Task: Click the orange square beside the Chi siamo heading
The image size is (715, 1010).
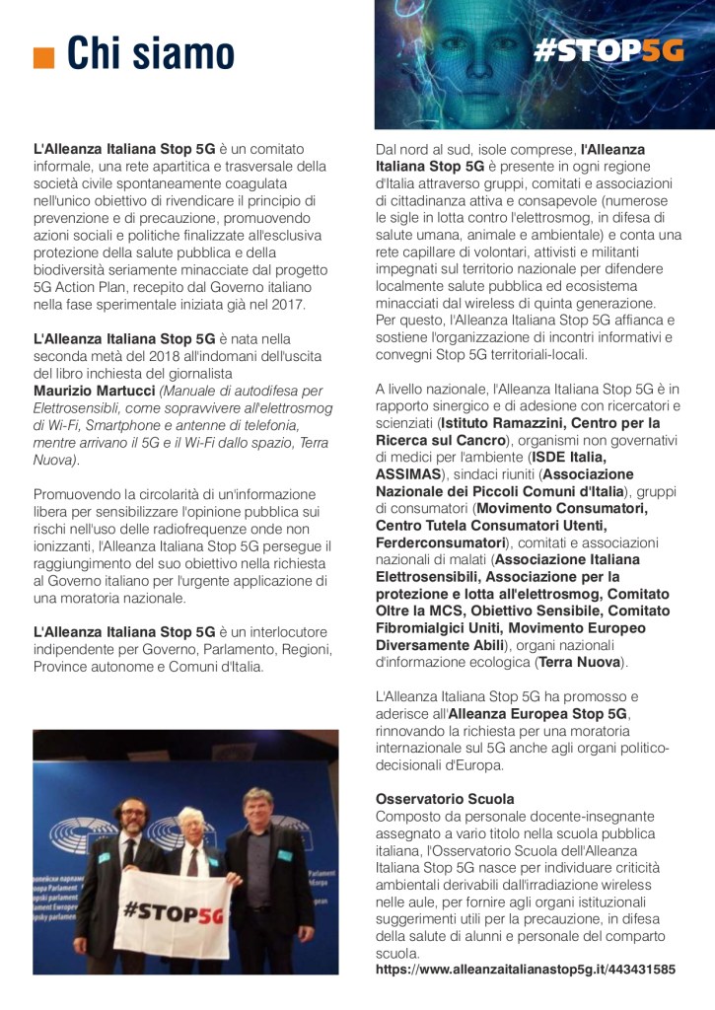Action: click(43, 57)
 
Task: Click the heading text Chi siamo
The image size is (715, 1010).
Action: click(151, 53)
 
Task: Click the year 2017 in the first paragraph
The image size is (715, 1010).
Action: click(288, 304)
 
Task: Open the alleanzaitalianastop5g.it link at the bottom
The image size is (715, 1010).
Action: click(526, 970)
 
